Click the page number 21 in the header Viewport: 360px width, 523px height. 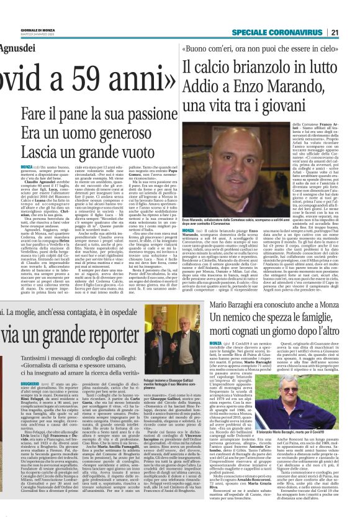pyautogui.click(x=351, y=33)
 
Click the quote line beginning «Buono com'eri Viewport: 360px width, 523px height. pyautogui.click(x=268, y=47)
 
